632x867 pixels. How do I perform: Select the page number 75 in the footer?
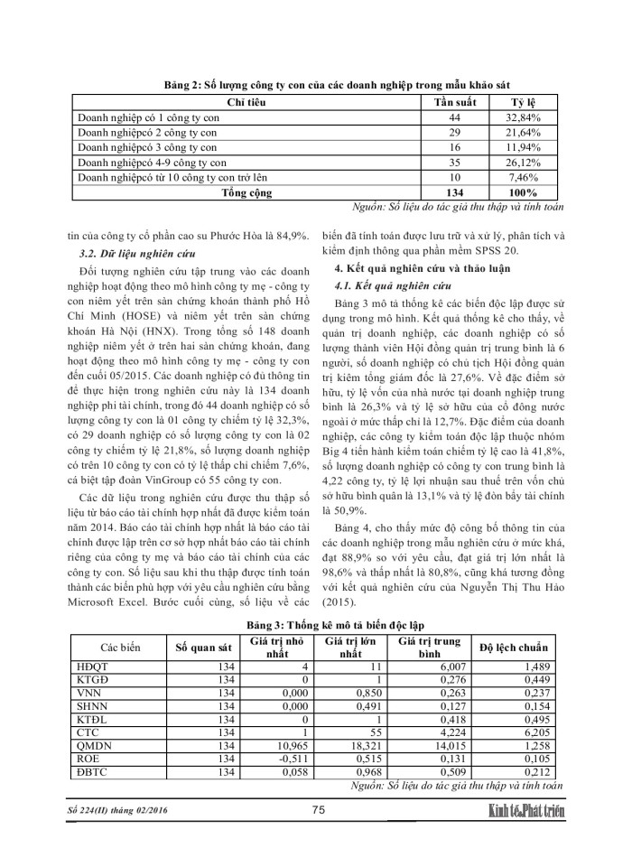tap(318, 811)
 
